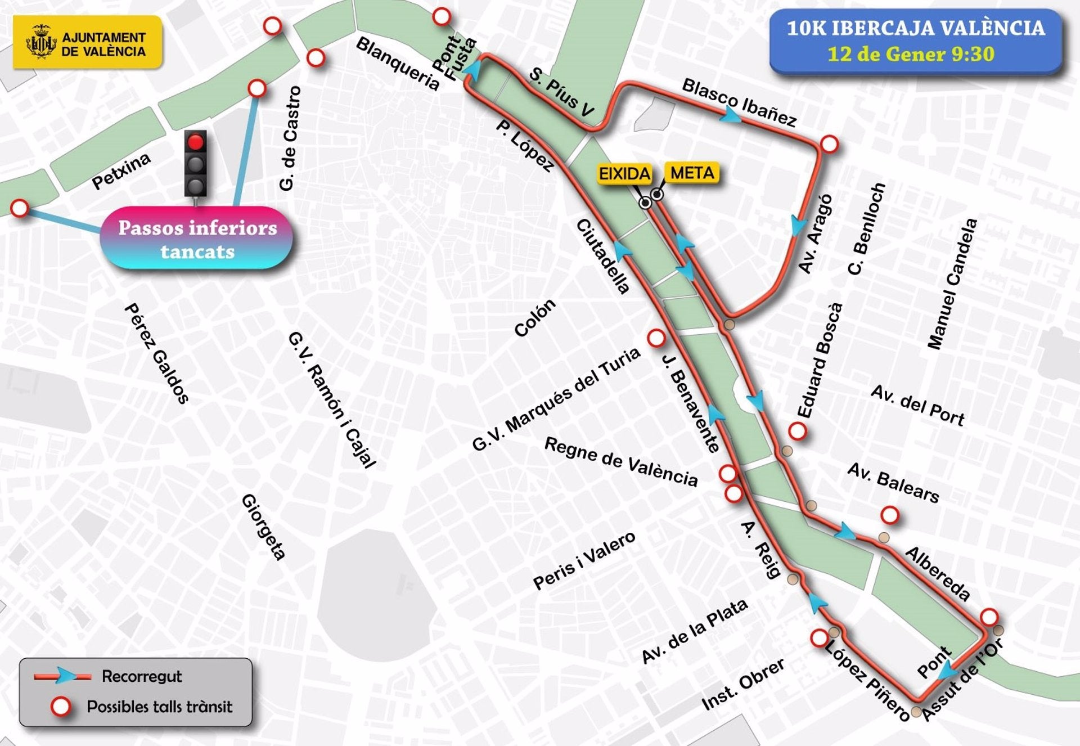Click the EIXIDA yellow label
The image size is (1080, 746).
[624, 174]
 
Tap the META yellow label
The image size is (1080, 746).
[692, 172]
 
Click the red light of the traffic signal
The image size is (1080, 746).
[196, 142]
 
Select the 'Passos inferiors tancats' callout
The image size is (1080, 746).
[197, 239]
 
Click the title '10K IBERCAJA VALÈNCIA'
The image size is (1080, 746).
[915, 28]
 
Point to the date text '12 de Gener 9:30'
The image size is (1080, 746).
[911, 55]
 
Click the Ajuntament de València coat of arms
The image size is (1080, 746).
[42, 42]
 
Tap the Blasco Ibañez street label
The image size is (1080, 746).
[739, 102]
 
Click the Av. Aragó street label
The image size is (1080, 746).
[815, 234]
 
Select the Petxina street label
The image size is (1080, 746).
[121, 171]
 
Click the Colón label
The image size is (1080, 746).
[534, 318]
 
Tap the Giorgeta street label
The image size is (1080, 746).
[264, 527]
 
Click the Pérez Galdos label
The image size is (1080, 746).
[156, 353]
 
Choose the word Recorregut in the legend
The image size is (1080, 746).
[142, 676]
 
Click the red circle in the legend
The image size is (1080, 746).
[61, 707]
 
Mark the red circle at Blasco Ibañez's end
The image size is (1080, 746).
[829, 144]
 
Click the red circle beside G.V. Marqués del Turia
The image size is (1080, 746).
[656, 338]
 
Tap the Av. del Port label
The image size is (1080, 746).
[917, 405]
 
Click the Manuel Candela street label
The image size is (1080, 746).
[952, 284]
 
